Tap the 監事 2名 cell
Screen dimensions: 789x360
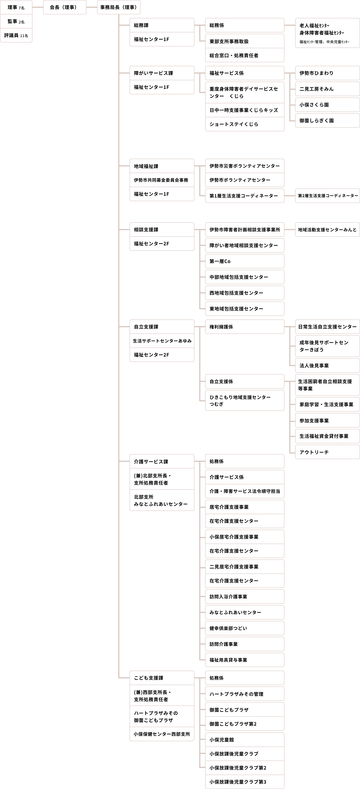tap(16, 21)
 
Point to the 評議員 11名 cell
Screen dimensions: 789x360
tap(16, 36)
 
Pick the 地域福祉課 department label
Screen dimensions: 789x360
tap(162, 166)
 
